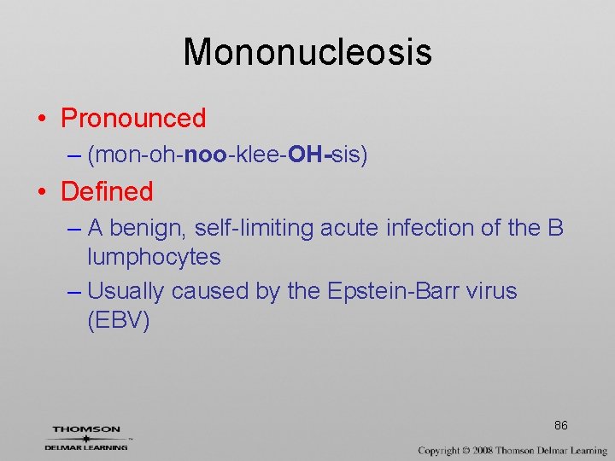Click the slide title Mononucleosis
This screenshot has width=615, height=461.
(307, 51)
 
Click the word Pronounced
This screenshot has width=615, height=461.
(133, 118)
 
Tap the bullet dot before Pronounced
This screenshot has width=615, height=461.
(42, 118)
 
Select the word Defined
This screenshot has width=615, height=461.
(107, 191)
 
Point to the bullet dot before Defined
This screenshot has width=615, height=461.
(42, 191)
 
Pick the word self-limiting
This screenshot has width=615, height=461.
(254, 228)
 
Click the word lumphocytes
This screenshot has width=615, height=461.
(154, 257)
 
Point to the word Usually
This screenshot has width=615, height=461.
(126, 291)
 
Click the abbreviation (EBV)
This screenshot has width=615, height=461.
(119, 320)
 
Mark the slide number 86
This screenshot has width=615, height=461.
(561, 425)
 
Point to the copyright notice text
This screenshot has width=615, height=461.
(512, 450)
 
